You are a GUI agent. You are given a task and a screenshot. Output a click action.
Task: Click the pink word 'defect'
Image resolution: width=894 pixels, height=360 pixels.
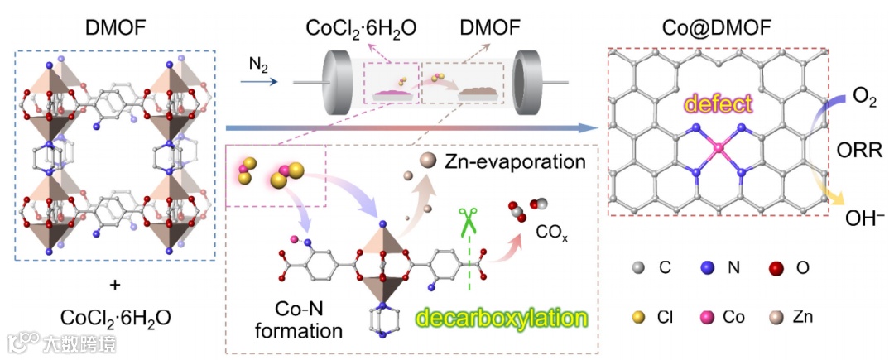pos(717,104)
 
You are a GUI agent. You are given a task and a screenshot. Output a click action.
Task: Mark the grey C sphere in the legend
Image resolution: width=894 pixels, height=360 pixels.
pos(637,267)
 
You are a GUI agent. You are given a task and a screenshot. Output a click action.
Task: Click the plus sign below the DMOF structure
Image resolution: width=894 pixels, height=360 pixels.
pos(115,286)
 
